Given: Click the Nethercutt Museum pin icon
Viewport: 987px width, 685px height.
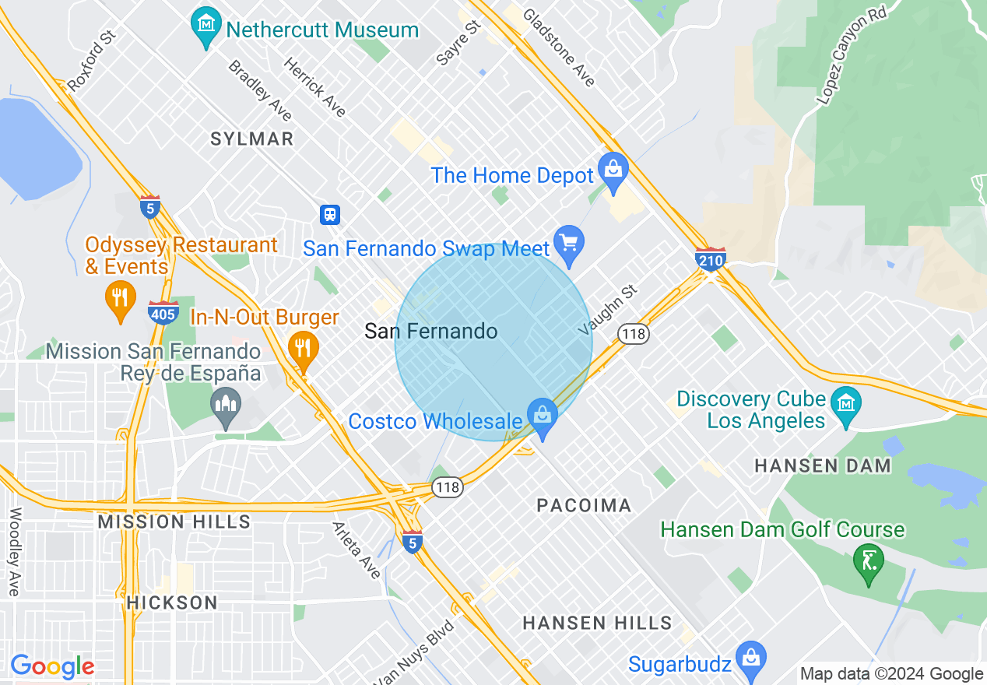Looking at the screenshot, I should click(x=206, y=29).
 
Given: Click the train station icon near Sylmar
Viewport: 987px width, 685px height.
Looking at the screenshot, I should click(x=330, y=214).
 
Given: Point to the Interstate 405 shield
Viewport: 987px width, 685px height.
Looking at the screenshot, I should click(x=161, y=311).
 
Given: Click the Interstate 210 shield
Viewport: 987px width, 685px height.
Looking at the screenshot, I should click(x=711, y=259).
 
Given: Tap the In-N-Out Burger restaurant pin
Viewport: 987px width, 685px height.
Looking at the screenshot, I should click(x=302, y=350).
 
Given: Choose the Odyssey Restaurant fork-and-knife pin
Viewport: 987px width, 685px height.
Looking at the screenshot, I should click(x=120, y=300).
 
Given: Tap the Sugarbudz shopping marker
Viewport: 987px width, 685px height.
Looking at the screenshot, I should click(x=751, y=661).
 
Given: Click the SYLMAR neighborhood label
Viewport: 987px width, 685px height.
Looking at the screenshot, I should click(x=252, y=139).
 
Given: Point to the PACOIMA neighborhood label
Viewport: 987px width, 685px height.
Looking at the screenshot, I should click(x=584, y=506).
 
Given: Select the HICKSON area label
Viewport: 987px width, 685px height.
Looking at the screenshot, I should click(x=172, y=602).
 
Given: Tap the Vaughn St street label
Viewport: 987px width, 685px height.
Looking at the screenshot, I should click(x=608, y=311).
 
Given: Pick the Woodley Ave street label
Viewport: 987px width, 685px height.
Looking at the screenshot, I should click(x=14, y=552).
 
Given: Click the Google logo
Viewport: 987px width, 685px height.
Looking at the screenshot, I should click(x=52, y=666).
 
